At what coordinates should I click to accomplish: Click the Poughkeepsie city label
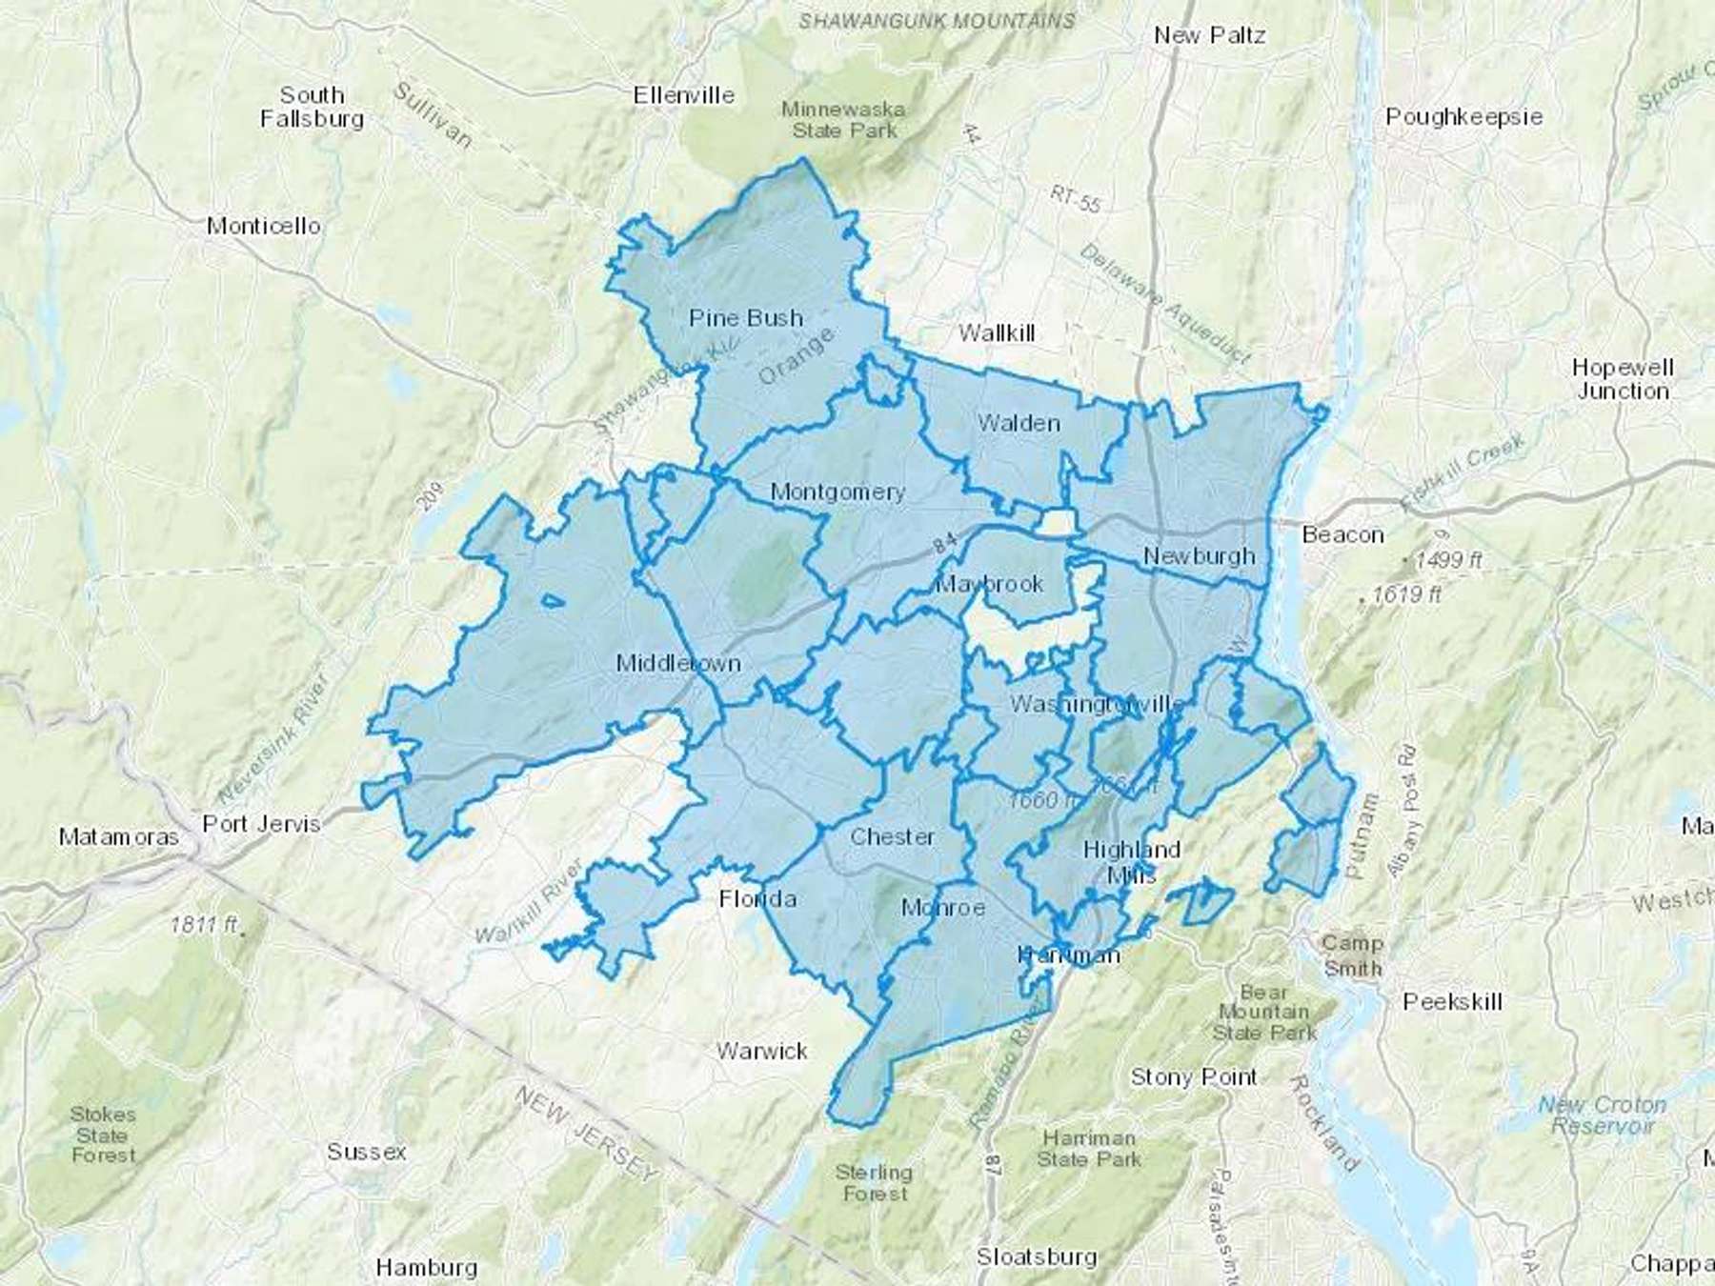tap(1463, 117)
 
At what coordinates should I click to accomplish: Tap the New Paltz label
tap(1209, 36)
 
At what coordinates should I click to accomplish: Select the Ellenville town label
tap(684, 95)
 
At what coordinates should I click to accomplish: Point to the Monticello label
tap(264, 227)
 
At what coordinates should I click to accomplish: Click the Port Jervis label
tap(261, 824)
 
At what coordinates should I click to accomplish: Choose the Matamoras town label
tap(118, 837)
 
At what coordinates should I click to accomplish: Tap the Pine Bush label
tap(746, 318)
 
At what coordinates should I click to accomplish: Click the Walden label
tap(1019, 423)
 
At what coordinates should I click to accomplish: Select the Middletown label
tap(678, 663)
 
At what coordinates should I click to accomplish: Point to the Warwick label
tap(761, 1052)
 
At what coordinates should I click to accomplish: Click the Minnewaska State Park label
tap(844, 120)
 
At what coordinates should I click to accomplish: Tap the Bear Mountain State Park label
tap(1263, 1013)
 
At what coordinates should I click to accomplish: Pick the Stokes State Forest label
tap(103, 1135)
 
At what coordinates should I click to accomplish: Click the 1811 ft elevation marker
tap(204, 924)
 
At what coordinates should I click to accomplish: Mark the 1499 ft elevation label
tap(1448, 560)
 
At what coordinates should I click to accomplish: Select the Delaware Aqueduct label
tap(1164, 303)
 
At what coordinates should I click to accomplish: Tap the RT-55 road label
tap(1076, 199)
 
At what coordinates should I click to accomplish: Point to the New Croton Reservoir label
tap(1602, 1115)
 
